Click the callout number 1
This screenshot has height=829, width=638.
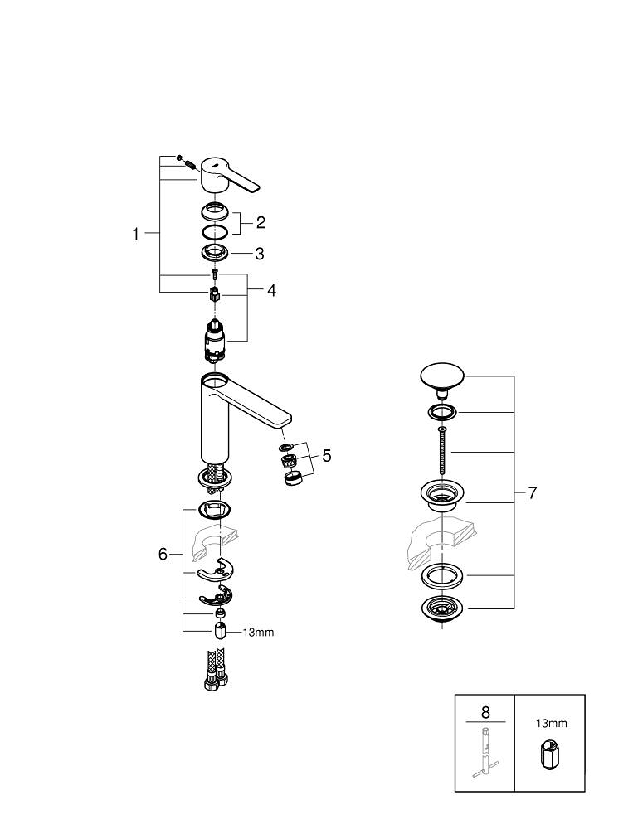[x=136, y=234]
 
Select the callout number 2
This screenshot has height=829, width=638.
[x=261, y=221]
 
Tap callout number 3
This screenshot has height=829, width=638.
[x=259, y=254]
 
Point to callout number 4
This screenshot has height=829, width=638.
[x=271, y=290]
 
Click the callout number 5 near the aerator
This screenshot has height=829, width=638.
[x=327, y=455]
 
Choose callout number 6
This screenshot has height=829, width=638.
[x=163, y=553]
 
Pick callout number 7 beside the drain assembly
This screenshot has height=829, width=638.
[x=532, y=492]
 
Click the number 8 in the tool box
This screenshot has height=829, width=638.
[x=485, y=712]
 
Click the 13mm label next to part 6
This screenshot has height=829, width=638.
[x=257, y=632]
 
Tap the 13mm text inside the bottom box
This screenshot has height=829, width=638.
[x=550, y=723]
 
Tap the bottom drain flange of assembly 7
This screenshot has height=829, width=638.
[x=444, y=609]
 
